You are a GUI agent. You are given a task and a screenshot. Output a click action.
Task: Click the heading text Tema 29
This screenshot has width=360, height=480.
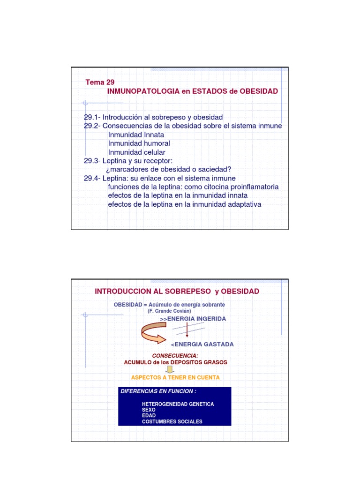[100, 82]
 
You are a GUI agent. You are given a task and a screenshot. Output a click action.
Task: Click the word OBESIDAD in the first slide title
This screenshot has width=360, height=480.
[259, 91]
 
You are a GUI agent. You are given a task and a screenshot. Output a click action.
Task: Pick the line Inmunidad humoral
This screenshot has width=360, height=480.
[139, 143]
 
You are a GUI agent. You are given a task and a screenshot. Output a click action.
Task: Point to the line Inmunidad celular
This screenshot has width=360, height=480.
[137, 152]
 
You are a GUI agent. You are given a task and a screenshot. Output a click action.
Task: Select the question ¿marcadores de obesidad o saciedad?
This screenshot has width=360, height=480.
[170, 169]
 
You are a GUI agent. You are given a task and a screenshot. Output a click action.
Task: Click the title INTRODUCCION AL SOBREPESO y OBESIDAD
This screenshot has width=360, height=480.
[177, 292]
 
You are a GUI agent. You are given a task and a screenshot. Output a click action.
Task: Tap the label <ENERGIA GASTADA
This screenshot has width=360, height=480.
[202, 345]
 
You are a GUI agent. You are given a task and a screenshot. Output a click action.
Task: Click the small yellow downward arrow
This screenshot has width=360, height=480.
[170, 370]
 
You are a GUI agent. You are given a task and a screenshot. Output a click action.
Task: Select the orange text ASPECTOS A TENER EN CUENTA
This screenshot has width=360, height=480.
[175, 377]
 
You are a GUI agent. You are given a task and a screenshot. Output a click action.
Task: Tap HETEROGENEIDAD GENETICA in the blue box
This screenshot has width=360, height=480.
[178, 404]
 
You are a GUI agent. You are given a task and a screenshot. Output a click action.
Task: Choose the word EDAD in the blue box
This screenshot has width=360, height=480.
[149, 416]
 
